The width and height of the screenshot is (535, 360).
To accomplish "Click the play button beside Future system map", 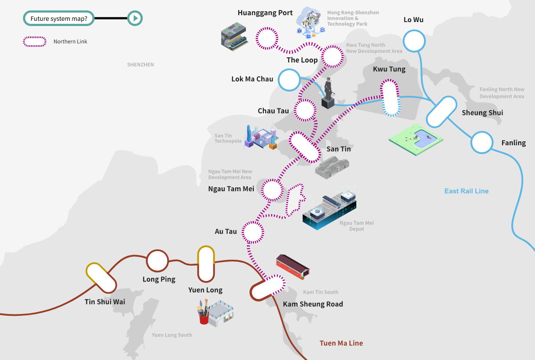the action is click(x=135, y=18).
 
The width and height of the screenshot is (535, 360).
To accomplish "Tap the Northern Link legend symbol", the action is click(x=35, y=42).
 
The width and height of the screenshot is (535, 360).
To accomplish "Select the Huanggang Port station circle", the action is click(x=267, y=39).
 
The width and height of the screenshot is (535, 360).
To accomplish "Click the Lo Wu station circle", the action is click(x=414, y=41).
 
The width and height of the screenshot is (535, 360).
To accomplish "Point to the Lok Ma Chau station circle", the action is click(x=289, y=80).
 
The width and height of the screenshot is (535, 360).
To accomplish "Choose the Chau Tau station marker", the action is click(x=305, y=110).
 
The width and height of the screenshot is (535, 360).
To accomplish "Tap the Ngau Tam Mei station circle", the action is click(x=272, y=190).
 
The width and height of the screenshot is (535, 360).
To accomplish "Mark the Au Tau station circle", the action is click(x=253, y=232).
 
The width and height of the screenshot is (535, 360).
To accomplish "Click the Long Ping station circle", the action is click(x=158, y=261).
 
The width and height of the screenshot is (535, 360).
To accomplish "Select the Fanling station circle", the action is click(x=482, y=143).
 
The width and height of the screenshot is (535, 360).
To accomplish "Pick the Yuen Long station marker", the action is click(x=206, y=264).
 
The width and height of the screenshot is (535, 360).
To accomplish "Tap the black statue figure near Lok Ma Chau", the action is click(x=328, y=93).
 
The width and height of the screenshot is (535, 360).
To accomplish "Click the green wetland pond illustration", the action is click(x=416, y=139).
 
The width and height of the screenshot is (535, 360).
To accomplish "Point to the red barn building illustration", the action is click(x=293, y=267).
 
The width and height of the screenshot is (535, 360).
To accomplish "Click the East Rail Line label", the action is click(x=466, y=191).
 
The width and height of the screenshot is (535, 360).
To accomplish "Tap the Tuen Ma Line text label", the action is click(x=341, y=343).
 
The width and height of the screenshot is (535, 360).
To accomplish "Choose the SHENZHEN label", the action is click(x=141, y=65).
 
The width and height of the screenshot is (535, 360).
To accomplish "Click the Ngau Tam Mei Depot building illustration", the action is click(x=329, y=209).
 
